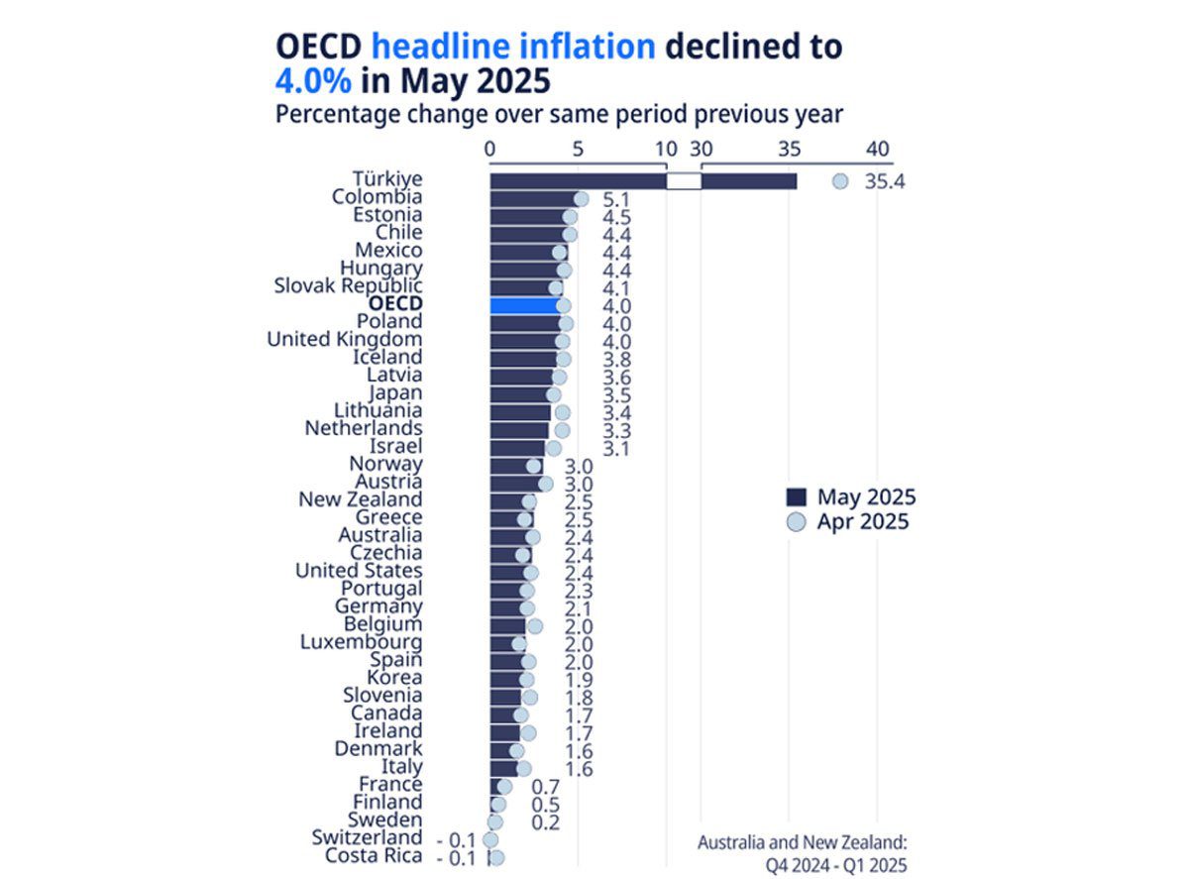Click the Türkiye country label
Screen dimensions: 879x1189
(x=386, y=179)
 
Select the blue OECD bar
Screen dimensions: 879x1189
(x=525, y=305)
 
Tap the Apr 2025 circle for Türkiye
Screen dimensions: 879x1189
(x=840, y=181)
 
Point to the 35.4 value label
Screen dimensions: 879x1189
(x=885, y=182)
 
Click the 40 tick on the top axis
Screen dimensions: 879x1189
(x=877, y=149)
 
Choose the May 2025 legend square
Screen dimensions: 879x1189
(x=795, y=497)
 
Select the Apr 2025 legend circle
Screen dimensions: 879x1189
(x=795, y=522)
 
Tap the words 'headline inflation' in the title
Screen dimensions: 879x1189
(x=513, y=46)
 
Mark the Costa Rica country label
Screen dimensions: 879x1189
(x=374, y=856)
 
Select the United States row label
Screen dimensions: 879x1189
(x=359, y=571)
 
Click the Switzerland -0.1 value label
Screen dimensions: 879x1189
(x=457, y=838)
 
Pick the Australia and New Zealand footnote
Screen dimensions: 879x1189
(x=802, y=853)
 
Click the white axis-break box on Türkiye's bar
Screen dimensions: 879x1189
(x=684, y=181)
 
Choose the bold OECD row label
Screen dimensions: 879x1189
(x=394, y=304)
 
